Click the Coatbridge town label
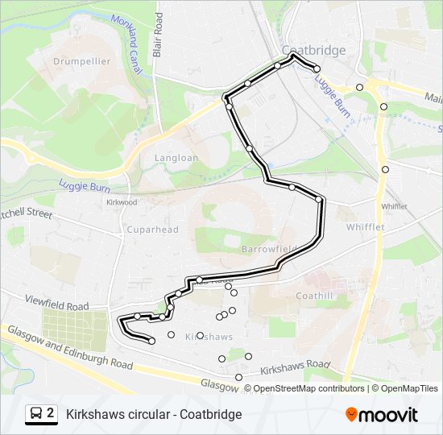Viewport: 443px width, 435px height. (x=313, y=50)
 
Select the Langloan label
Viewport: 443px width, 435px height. (x=175, y=158)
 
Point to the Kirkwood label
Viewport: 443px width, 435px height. (x=122, y=202)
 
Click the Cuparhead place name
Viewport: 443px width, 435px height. (x=152, y=230)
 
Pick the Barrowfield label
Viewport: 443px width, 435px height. (x=269, y=249)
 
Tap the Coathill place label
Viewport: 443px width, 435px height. (x=313, y=296)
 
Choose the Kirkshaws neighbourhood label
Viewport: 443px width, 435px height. (x=209, y=336)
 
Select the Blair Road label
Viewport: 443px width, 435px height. (x=158, y=34)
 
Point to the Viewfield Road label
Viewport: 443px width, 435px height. (x=56, y=306)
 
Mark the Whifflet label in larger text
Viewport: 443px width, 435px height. (x=366, y=227)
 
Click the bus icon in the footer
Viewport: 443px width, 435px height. (x=37, y=414)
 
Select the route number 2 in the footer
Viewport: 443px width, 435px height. (x=51, y=414)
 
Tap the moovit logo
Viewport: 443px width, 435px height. (x=382, y=415)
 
